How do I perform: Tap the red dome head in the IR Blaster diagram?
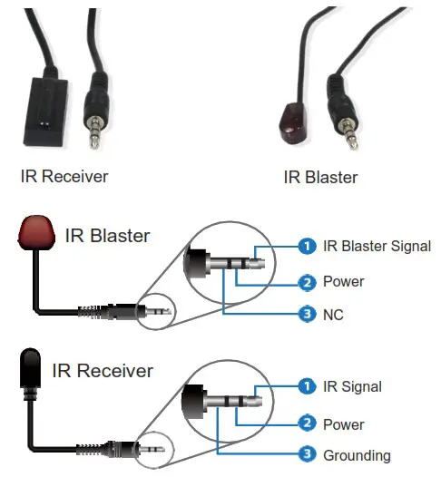click(x=34, y=233)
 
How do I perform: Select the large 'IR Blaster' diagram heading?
click(x=107, y=238)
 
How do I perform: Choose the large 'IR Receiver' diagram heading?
click(x=102, y=371)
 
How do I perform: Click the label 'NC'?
click(x=334, y=316)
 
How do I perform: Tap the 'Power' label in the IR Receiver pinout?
click(x=344, y=423)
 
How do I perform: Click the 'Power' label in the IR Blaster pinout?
click(x=344, y=282)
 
